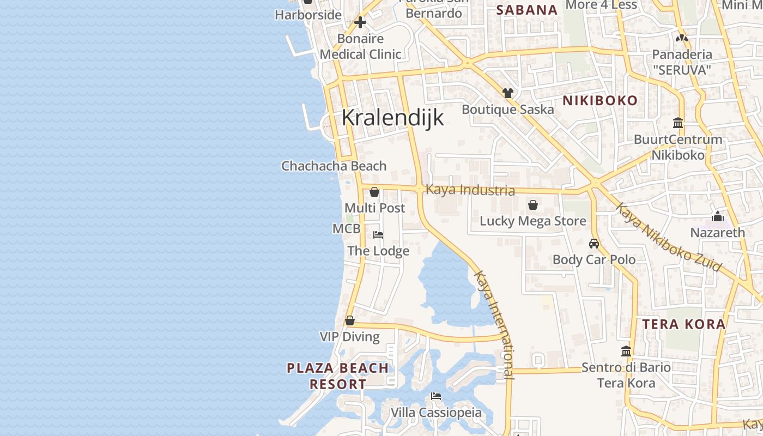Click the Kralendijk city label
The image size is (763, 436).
click(393, 118)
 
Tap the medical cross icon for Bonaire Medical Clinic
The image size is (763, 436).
click(360, 22)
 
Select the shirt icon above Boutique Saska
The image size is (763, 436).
click(508, 93)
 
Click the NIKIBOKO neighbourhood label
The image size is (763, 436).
click(600, 100)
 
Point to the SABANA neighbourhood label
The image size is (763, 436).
click(527, 10)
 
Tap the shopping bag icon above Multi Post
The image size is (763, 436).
click(374, 192)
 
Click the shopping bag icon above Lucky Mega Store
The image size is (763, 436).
click(533, 205)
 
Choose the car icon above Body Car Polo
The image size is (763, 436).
click(594, 244)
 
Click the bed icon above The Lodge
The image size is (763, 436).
click(378, 235)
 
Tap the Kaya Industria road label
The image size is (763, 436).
click(470, 190)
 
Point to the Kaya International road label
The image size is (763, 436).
click(494, 325)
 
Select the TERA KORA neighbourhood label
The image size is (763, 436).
click(684, 324)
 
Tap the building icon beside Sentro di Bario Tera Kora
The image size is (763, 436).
click(626, 352)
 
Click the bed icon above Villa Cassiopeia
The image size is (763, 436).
click(436, 396)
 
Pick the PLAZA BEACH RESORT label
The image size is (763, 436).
click(338, 376)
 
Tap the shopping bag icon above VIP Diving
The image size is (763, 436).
click(350, 320)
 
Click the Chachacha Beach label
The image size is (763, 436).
click(334, 166)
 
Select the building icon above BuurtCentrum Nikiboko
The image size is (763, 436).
click(679, 123)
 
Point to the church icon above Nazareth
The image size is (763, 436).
click(718, 216)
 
